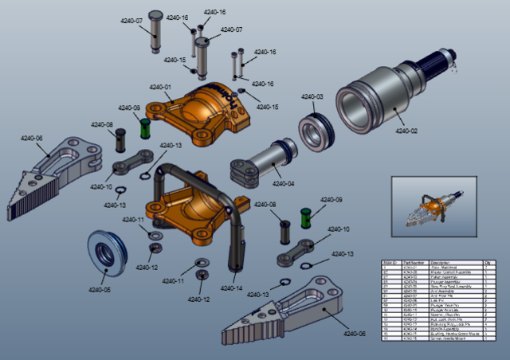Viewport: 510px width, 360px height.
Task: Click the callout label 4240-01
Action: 160,87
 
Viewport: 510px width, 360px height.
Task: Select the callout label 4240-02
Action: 406,131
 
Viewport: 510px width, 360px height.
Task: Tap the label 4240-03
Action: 312,97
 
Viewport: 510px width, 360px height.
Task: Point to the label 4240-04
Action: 283,184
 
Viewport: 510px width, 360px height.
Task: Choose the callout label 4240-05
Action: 100,290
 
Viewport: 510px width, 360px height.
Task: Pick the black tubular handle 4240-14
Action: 236,223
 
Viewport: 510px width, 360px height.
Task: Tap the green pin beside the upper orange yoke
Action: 145,127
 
